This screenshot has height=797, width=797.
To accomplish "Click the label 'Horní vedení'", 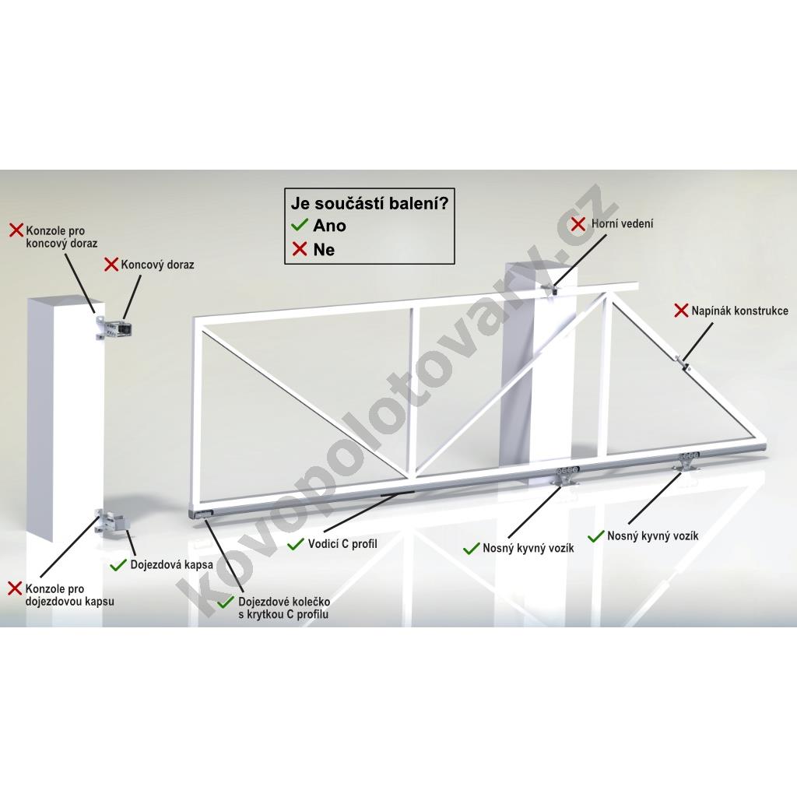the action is point(622,223).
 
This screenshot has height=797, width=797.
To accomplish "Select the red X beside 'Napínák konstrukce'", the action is point(680,311).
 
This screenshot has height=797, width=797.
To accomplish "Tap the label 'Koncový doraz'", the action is point(157,265).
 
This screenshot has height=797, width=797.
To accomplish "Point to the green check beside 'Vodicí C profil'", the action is point(295,544).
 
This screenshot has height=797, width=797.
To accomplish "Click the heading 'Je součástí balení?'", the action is point(369,204).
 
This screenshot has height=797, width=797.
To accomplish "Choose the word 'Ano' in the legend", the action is point(329,226).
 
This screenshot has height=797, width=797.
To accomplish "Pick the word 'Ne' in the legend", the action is point(324,250).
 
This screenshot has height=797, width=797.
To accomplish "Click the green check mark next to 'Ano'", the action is point(300,225).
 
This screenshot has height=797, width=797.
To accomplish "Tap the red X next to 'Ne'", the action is point(300,249).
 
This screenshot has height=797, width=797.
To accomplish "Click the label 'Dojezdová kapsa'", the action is point(171,565).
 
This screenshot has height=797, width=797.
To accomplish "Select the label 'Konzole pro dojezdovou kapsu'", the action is point(69,595).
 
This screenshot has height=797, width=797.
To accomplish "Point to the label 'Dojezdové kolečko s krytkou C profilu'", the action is point(283,608).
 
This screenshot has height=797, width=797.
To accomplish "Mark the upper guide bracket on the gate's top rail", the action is point(551,290).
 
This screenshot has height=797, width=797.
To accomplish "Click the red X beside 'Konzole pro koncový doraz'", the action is point(17,230).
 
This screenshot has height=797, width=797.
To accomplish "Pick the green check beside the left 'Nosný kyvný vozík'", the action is point(471,549).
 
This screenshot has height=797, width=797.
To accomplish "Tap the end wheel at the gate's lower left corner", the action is point(202,515).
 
